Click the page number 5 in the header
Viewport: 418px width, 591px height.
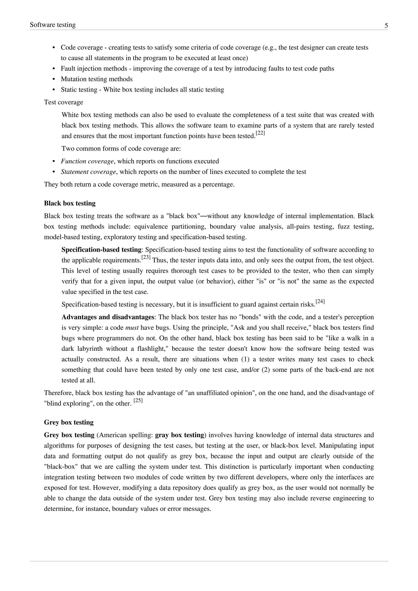coord(386,26)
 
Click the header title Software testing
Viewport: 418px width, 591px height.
coord(53,25)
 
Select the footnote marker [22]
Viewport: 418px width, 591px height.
coord(260,133)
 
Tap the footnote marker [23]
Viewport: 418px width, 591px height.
coord(146,257)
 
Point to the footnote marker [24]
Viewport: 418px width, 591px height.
coord(320,301)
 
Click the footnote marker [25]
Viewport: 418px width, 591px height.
coord(138,401)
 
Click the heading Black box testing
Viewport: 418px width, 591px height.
coord(70,203)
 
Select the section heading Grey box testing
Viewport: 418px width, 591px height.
coord(69,422)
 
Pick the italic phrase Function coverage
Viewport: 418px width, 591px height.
coord(87,161)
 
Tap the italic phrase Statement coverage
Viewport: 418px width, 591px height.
coord(89,172)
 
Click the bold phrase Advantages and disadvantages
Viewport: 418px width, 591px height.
coord(108,317)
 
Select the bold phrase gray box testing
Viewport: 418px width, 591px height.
coord(179,435)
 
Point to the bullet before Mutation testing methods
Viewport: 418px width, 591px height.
coord(54,79)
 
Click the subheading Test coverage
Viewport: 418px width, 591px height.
coord(63,102)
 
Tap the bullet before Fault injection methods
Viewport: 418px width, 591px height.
coord(54,69)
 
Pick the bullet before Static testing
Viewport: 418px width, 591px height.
coord(54,90)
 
